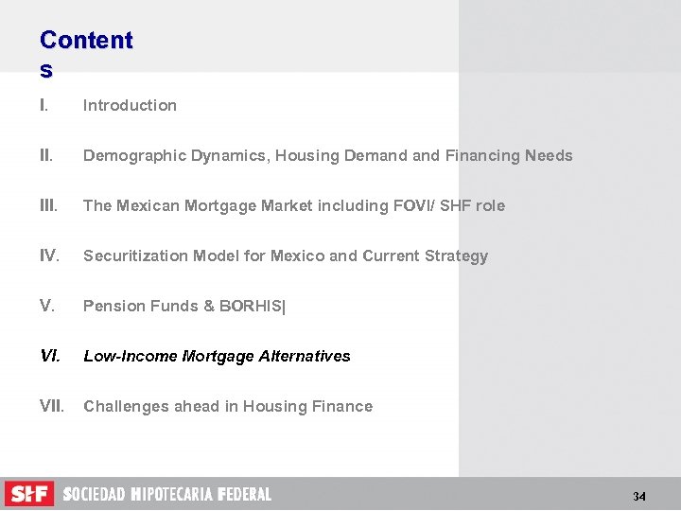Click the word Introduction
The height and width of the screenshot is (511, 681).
[130, 105]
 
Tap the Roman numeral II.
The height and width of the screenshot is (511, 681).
[46, 155]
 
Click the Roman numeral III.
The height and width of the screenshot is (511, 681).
[48, 205]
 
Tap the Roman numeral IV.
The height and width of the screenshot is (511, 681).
[49, 255]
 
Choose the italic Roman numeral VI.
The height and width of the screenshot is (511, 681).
[49, 356]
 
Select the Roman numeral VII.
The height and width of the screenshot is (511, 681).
[52, 406]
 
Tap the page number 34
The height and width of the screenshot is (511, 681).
[639, 497]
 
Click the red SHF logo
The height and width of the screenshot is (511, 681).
[29, 494]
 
